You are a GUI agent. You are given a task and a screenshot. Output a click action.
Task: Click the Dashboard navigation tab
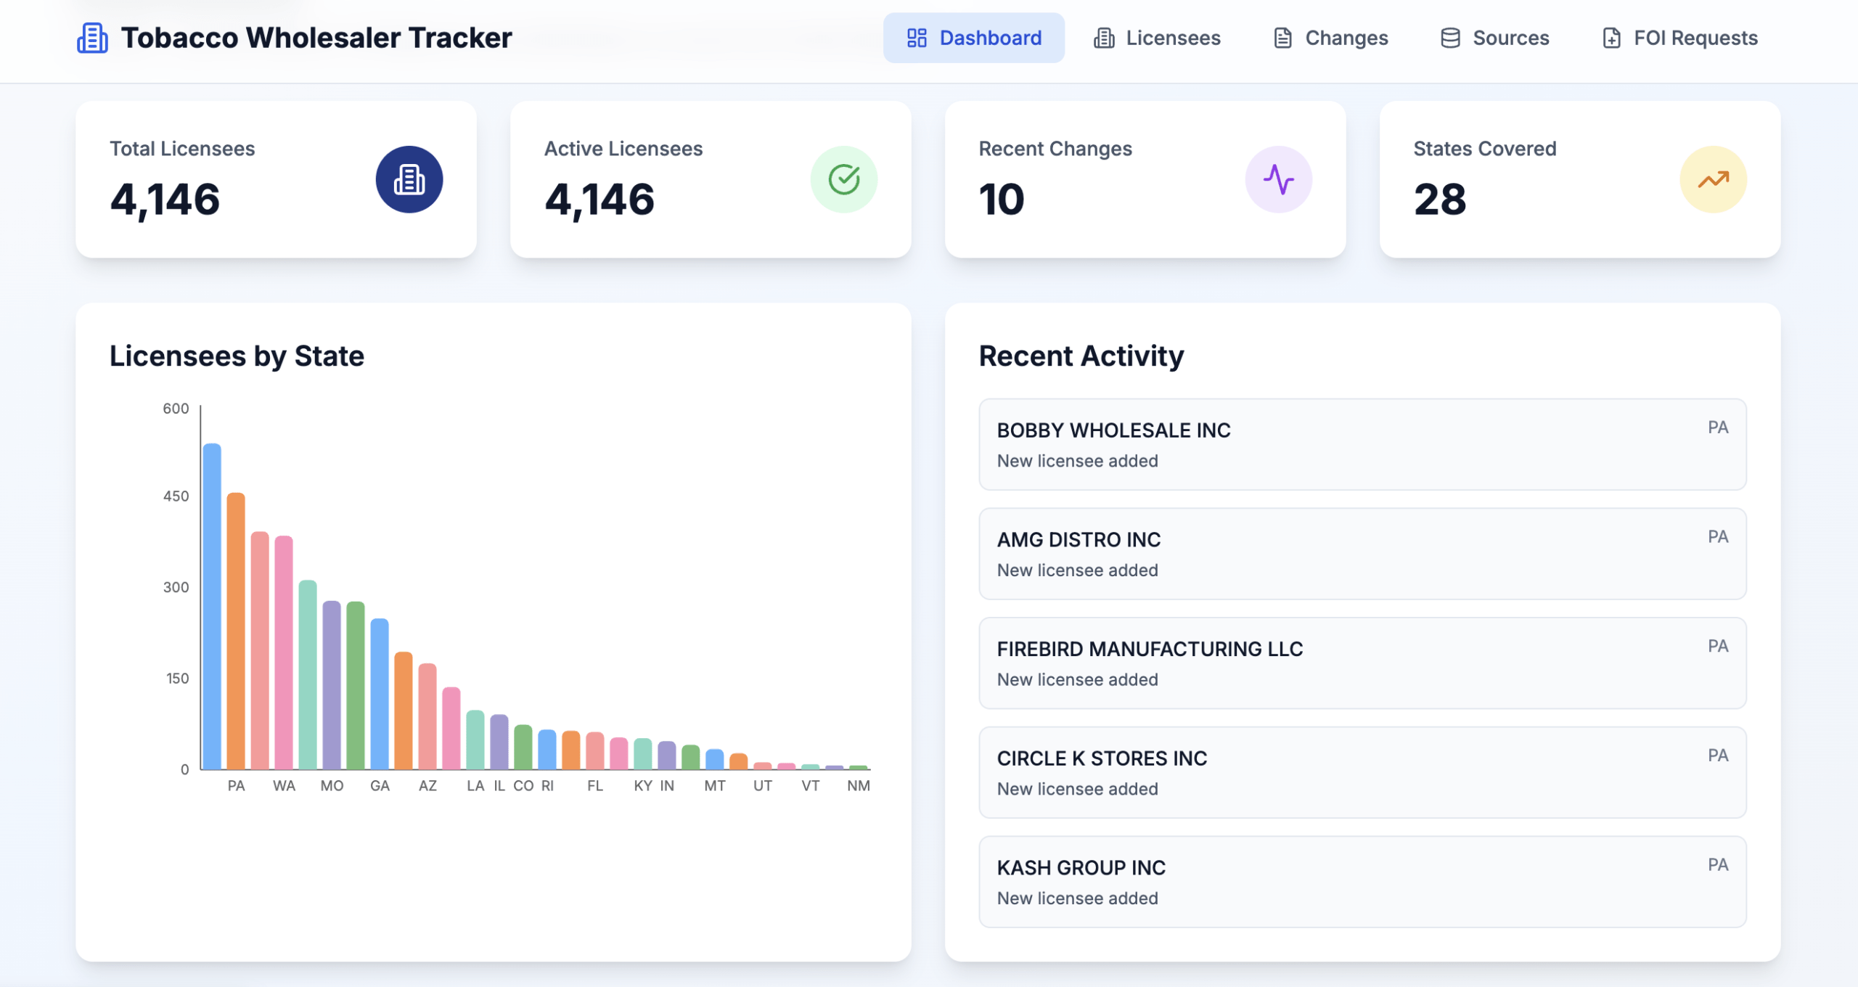pos(973,38)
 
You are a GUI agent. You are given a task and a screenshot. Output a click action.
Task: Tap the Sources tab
pos(1494,38)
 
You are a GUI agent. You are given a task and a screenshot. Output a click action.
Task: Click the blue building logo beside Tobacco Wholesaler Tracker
pos(92,38)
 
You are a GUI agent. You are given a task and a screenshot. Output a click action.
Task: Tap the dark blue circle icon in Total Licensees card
pos(409,179)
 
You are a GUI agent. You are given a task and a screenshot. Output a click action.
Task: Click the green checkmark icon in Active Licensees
pos(843,179)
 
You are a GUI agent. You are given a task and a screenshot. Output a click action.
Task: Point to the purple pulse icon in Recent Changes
pos(1278,179)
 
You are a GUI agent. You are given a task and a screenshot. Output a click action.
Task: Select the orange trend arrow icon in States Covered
pos(1713,179)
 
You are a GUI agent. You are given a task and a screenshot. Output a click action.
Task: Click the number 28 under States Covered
pos(1440,200)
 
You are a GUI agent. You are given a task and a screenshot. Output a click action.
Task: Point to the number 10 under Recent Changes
pos(1002,200)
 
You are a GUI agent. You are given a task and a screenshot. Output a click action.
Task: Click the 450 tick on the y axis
pos(176,496)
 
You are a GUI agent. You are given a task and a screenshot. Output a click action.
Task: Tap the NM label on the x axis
pos(858,786)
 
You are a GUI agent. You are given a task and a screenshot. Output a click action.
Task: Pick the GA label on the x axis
pos(380,786)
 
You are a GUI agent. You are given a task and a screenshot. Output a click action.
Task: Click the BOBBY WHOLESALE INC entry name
pos(1113,430)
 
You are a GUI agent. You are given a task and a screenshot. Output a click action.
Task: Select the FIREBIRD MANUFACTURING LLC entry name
pos(1150,649)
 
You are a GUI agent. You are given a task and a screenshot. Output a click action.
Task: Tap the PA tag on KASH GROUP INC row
pos(1717,864)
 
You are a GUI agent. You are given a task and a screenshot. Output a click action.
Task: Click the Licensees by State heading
pos(237,356)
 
